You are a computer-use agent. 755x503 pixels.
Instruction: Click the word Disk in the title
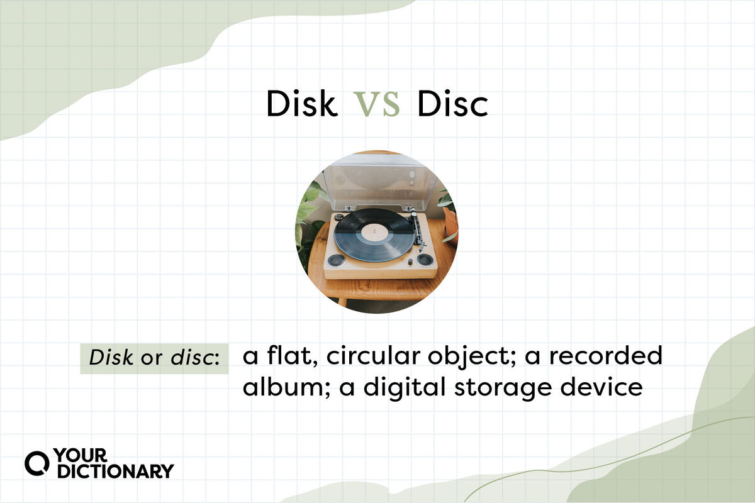point(301,104)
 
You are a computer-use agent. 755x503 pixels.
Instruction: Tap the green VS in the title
point(376,104)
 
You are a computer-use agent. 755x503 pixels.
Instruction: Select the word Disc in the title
point(452,104)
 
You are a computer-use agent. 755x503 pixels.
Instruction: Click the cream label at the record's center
point(374,233)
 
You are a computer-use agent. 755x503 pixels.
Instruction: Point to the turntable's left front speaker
point(336,260)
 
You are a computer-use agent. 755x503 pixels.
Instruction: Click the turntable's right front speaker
point(425,259)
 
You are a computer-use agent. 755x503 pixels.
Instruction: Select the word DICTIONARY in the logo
point(115,471)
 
